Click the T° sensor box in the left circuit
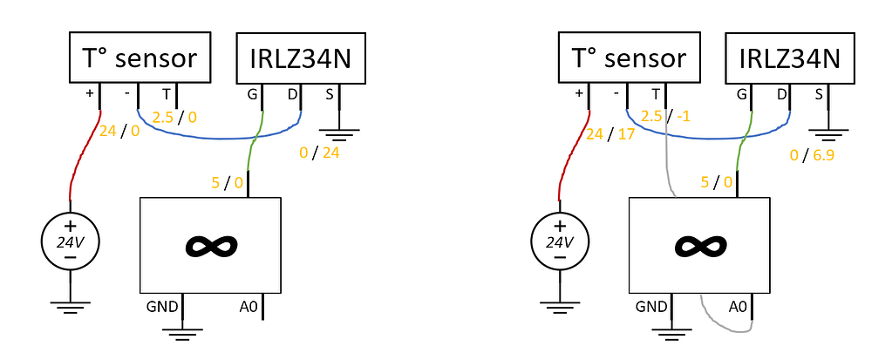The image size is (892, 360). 140,58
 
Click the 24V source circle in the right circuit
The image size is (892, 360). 559,243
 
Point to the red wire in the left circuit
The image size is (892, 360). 85,153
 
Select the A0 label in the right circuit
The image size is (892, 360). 738,308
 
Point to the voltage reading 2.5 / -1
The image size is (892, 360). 665,116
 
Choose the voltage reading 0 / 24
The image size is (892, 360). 319,153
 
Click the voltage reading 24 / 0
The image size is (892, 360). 119,132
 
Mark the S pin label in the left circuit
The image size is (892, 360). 330,95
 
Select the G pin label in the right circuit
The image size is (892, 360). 741,95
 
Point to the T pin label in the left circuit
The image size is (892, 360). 167,95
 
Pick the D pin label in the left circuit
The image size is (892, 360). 292,95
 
